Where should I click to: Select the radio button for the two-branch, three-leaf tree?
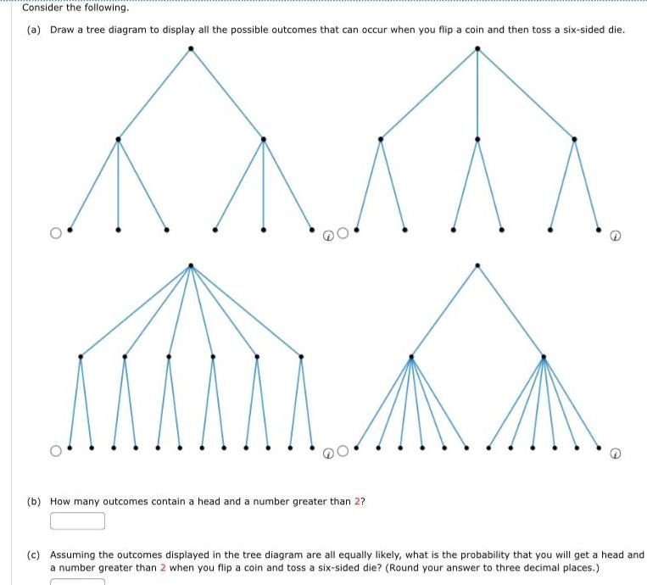point(56,232)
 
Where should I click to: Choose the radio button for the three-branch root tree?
point(342,232)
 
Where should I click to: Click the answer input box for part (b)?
point(77,521)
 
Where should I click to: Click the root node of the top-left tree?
point(191,48)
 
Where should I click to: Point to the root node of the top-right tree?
point(477,48)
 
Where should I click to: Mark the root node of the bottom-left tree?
point(191,265)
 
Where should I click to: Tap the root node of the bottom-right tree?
point(477,265)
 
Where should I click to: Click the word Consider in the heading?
point(42,8)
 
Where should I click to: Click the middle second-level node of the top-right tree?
point(477,139)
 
